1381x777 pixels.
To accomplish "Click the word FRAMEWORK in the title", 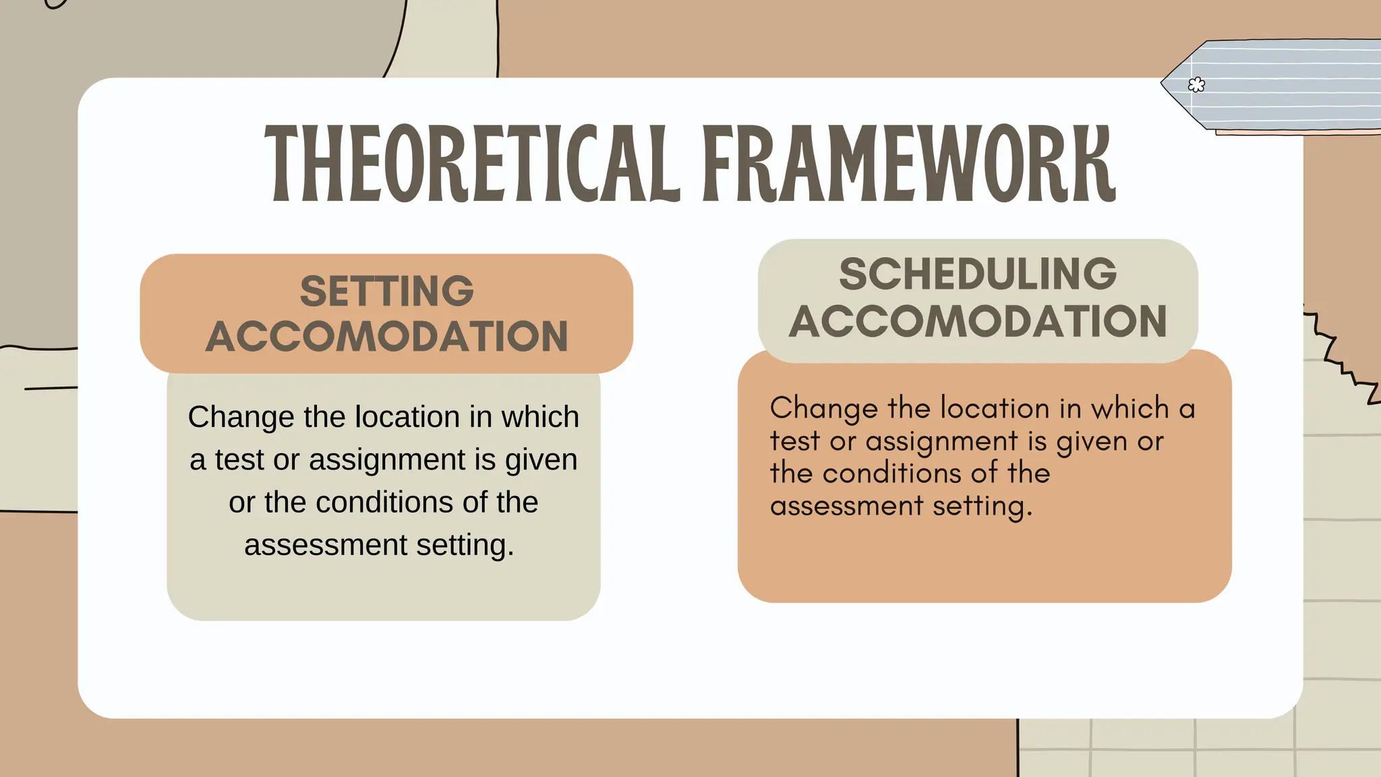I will (x=908, y=164).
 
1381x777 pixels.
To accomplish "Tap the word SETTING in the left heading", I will (x=386, y=291).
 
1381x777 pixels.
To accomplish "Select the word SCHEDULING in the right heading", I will (x=978, y=274).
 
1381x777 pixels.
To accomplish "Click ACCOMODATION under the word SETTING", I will (x=386, y=336).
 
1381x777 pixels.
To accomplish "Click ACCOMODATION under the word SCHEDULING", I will (x=978, y=321).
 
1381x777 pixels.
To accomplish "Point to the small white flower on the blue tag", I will (x=1196, y=85).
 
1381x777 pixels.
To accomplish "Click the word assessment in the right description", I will (x=846, y=506).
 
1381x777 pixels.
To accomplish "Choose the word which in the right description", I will (x=1129, y=409).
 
